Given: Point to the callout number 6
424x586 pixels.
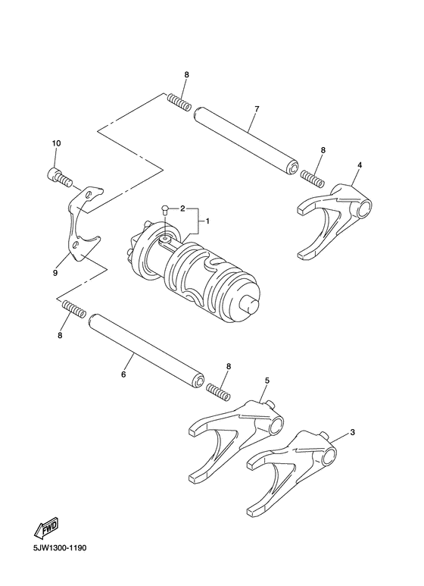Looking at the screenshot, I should [x=123, y=374].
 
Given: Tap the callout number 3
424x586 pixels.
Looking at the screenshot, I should [x=352, y=433].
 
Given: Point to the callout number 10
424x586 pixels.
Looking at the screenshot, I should [x=56, y=144].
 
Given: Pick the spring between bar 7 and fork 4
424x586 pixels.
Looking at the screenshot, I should [x=312, y=178].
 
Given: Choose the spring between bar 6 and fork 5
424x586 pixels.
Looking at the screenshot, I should [x=217, y=391].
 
